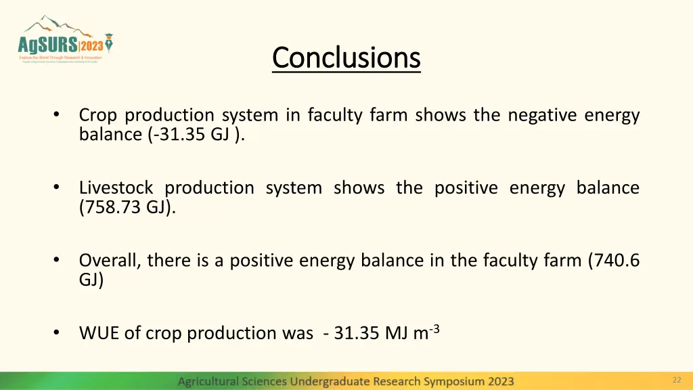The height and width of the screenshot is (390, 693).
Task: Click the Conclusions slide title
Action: tap(346, 58)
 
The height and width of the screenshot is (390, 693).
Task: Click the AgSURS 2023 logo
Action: tap(65, 41)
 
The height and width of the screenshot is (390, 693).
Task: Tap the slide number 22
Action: tap(676, 380)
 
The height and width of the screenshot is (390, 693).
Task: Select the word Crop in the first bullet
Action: tap(99, 115)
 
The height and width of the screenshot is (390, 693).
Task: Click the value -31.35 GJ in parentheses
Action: tap(195, 134)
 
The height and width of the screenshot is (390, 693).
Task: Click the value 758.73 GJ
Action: tap(127, 207)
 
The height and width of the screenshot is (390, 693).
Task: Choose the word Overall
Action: tap(109, 260)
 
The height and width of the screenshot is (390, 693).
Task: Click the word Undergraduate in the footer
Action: tap(330, 381)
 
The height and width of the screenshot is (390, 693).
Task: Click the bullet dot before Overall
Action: tap(58, 260)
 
